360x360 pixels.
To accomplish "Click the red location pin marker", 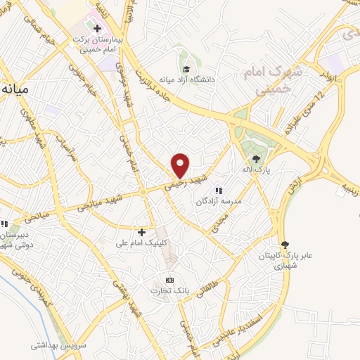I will pyautogui.click(x=181, y=165).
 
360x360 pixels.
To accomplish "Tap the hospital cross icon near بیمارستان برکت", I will pyautogui.click(x=97, y=28).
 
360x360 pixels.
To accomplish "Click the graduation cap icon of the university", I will pyautogui.click(x=187, y=69).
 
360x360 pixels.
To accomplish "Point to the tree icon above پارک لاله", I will pyautogui.click(x=257, y=159).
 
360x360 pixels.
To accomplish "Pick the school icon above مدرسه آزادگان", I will pyautogui.click(x=219, y=190).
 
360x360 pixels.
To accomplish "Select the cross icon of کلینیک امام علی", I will pyautogui.click(x=141, y=231).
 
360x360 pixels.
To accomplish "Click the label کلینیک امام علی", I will pyautogui.click(x=141, y=243).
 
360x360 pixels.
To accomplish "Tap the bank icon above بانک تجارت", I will pyautogui.click(x=168, y=278).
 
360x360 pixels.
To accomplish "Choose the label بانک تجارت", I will pyautogui.click(x=166, y=290).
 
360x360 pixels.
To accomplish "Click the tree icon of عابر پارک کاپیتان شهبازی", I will pyautogui.click(x=283, y=243).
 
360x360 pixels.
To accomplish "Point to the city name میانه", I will pyautogui.click(x=15, y=90).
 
